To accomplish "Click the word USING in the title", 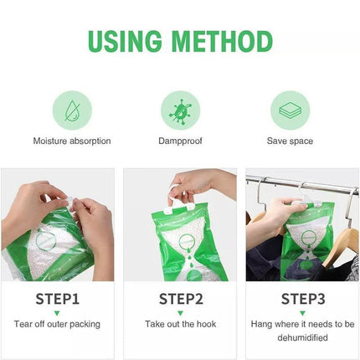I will (129, 41).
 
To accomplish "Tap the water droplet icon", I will (71, 110).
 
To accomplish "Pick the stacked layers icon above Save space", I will (290, 110).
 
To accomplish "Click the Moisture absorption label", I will (71, 141).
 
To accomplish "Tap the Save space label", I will (290, 141).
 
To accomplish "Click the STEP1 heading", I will (58, 299).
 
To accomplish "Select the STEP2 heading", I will (179, 299).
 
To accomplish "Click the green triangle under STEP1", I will (58, 312).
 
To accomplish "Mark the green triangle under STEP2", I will (179, 312).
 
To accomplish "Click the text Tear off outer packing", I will (58, 324).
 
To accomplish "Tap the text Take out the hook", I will (179, 324).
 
